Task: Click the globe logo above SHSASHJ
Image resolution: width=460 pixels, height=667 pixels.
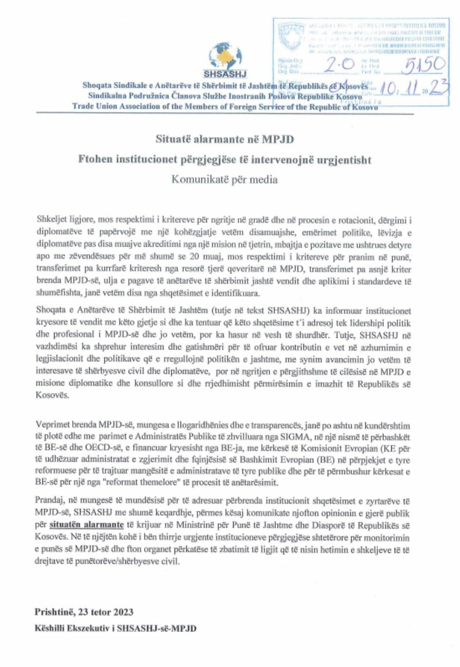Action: click(225, 57)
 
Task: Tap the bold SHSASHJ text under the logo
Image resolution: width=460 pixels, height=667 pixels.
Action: click(225, 75)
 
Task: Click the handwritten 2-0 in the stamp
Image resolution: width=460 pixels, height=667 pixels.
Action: click(340, 64)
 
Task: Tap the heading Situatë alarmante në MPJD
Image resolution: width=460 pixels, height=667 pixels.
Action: click(225, 139)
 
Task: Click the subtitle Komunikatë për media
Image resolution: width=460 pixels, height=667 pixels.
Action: click(224, 179)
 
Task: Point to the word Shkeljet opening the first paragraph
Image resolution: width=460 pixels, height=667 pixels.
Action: click(52, 220)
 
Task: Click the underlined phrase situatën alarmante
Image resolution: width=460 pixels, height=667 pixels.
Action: click(86, 525)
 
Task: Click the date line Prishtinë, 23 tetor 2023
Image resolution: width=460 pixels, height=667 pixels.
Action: click(84, 612)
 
